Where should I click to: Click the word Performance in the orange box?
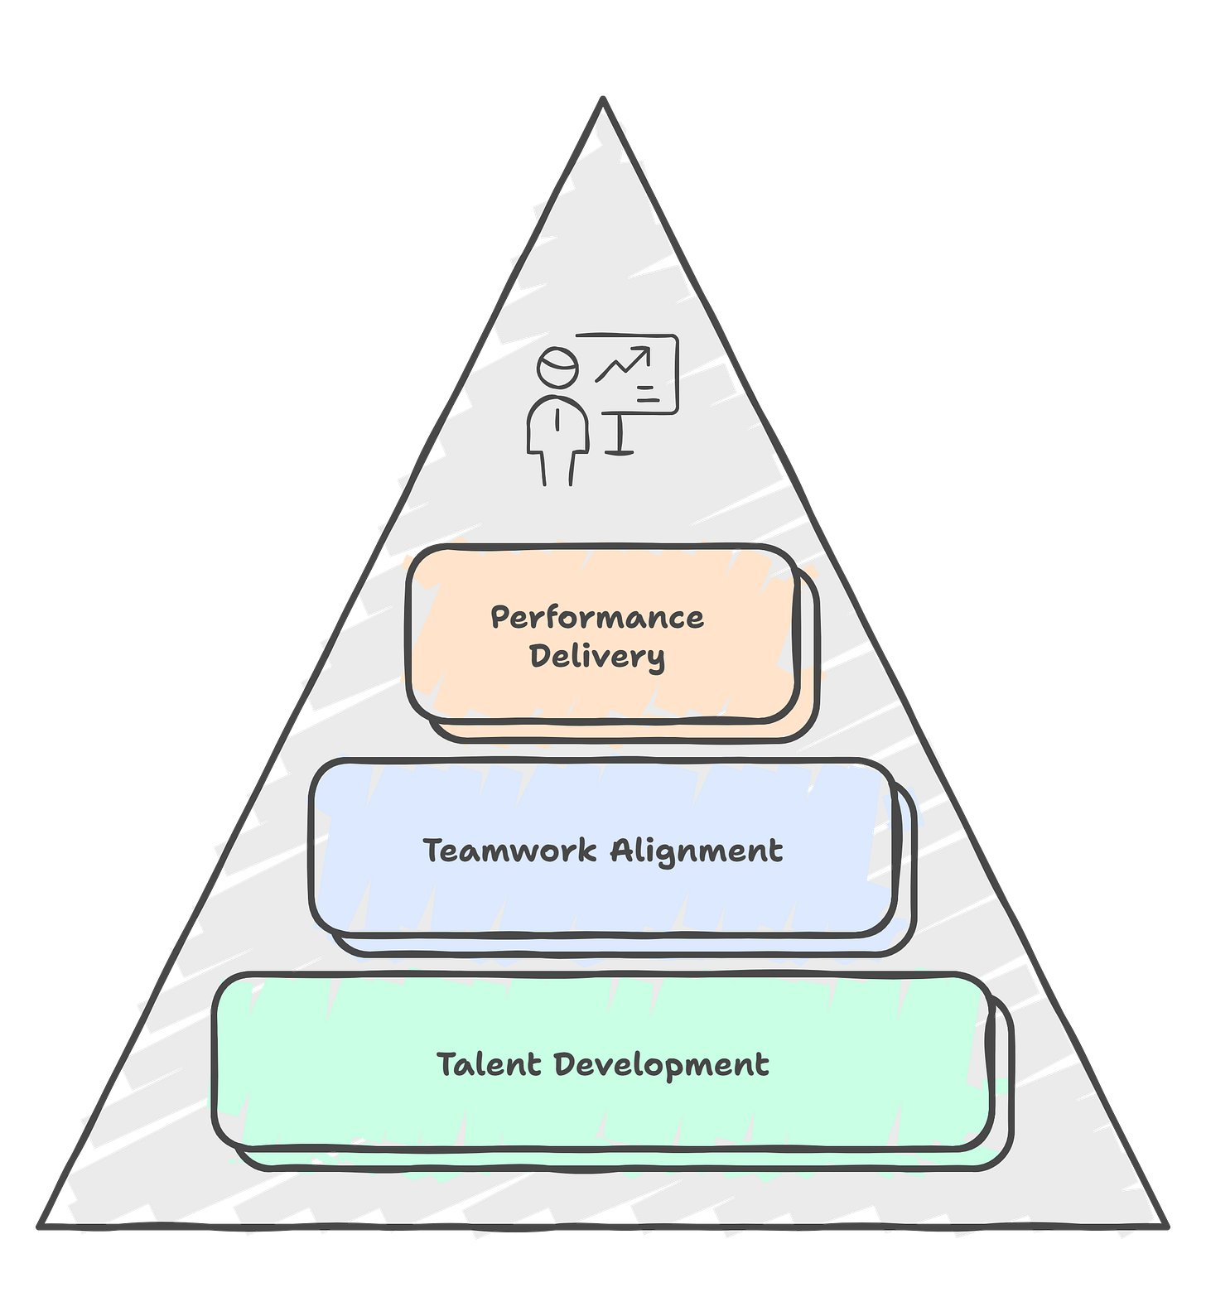[x=596, y=618]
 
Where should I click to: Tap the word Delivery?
[x=596, y=657]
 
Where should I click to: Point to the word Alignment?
[x=697, y=851]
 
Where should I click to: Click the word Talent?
[x=488, y=1064]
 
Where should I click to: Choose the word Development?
[x=661, y=1065]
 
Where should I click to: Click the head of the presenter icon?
[x=557, y=367]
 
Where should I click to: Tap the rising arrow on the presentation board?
[x=624, y=364]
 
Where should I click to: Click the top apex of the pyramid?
[x=603, y=98]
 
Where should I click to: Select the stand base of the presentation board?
[x=620, y=451]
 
